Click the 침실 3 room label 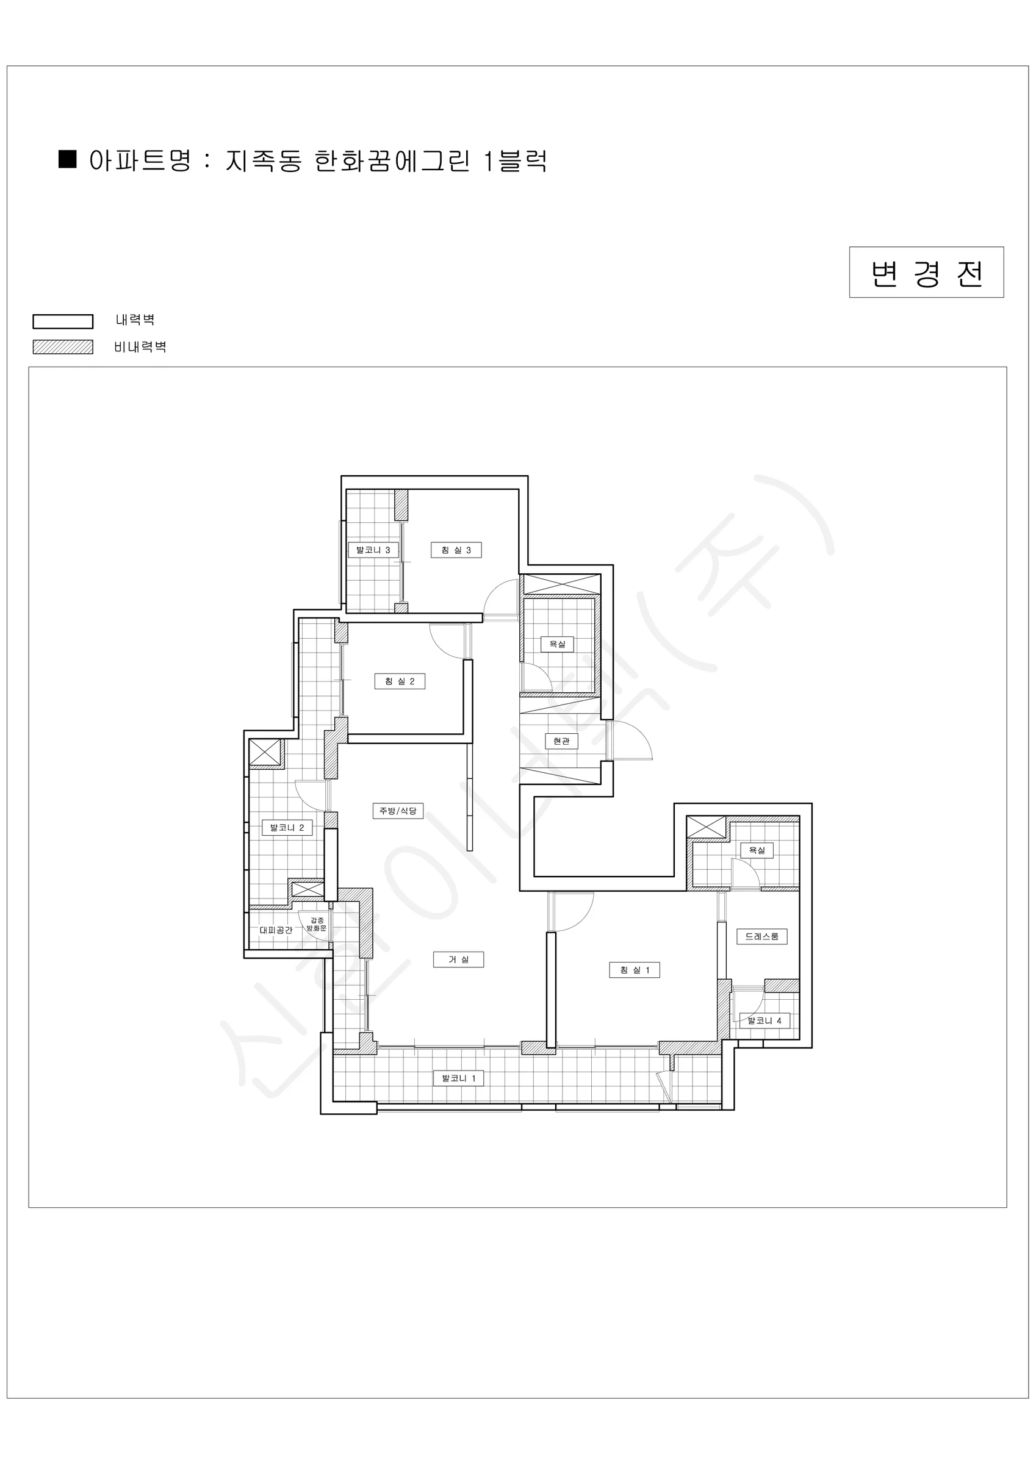(x=456, y=550)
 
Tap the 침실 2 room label (x=400, y=681)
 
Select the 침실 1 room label (x=634, y=970)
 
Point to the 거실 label (x=458, y=959)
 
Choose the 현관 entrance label (x=561, y=741)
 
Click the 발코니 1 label (x=458, y=1078)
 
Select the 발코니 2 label (x=287, y=828)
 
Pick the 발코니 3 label (x=373, y=550)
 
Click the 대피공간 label (x=276, y=930)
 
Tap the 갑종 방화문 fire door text (x=317, y=924)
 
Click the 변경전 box (x=926, y=272)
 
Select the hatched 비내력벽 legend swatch (x=63, y=347)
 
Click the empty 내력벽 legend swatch (x=63, y=321)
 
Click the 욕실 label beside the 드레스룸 (x=757, y=850)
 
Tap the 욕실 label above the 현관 (x=557, y=644)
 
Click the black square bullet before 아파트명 (x=68, y=159)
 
